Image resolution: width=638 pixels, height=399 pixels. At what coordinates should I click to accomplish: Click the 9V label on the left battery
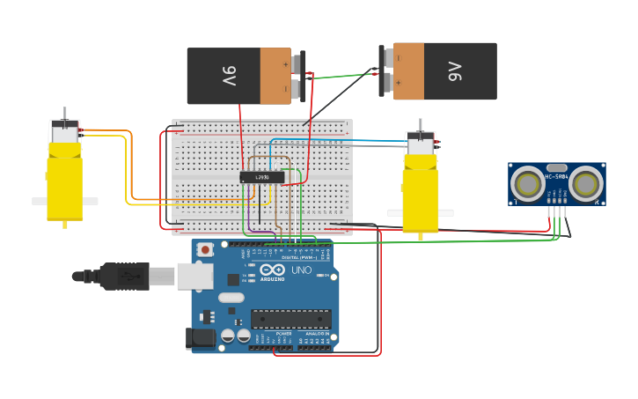click(229, 77)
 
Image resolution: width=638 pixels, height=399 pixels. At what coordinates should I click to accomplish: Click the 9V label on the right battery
click(455, 71)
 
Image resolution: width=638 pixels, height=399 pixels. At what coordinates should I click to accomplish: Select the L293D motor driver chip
click(262, 177)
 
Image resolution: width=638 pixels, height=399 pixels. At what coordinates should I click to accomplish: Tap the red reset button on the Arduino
click(205, 249)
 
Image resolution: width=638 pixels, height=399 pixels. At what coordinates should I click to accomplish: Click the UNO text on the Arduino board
click(301, 270)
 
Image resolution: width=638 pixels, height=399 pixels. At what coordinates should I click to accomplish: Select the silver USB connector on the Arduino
click(194, 276)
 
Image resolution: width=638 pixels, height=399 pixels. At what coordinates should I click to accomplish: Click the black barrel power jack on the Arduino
click(202, 337)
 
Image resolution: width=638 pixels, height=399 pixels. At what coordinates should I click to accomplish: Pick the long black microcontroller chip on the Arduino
click(290, 318)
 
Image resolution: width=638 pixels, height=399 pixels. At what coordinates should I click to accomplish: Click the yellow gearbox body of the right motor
click(420, 200)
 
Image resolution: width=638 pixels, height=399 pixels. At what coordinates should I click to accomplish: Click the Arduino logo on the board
click(272, 270)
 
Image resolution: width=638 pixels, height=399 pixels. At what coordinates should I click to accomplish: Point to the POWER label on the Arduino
click(283, 334)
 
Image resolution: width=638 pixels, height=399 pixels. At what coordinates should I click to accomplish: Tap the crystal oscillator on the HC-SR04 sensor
click(556, 167)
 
